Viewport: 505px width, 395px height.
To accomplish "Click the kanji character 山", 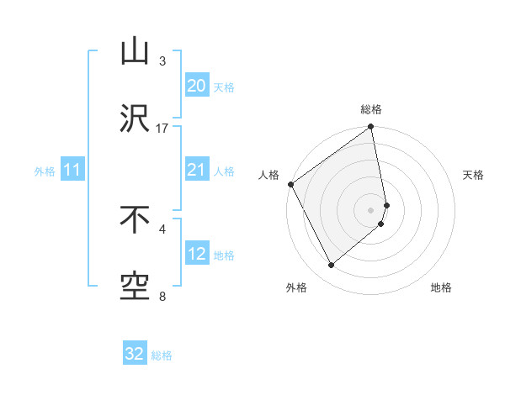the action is point(135,52).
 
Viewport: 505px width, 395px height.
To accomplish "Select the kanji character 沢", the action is point(135,119).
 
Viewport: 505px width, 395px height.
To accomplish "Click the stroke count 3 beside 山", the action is point(162,61).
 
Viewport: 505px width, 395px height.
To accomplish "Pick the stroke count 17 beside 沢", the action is point(162,129).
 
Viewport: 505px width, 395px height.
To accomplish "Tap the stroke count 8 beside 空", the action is point(162,296).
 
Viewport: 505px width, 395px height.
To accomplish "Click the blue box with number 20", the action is point(196,86).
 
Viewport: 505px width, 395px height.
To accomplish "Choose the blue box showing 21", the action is point(196,171).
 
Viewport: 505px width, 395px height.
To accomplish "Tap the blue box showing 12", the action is point(196,254).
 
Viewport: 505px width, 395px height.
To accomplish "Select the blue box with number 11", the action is point(72,171).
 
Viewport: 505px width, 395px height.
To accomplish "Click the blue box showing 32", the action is point(135,354).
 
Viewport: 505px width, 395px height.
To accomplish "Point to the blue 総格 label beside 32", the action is point(162,355).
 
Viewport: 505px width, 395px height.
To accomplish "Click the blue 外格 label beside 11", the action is point(45,171).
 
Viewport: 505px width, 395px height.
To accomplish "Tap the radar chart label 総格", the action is point(371,110).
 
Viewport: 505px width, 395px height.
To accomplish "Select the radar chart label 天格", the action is point(474,175).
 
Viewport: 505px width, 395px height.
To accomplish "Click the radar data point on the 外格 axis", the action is point(331,265).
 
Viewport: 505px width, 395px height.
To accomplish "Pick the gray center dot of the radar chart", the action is point(370,209).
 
